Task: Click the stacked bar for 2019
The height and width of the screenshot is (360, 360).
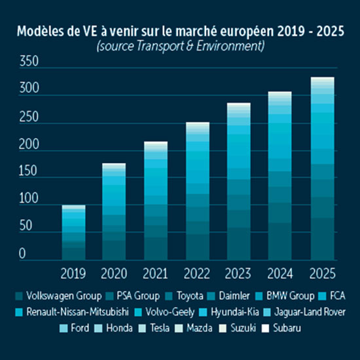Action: click(x=73, y=233)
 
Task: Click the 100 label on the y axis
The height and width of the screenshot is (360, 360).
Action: click(x=29, y=204)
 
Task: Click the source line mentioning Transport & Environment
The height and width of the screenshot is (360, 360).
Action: click(x=179, y=46)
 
